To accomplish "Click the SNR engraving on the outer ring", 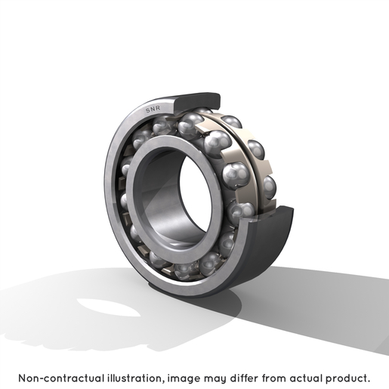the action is click(x=153, y=109).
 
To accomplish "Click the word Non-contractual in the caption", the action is click(x=61, y=378).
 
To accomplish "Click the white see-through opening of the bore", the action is click(x=196, y=194).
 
